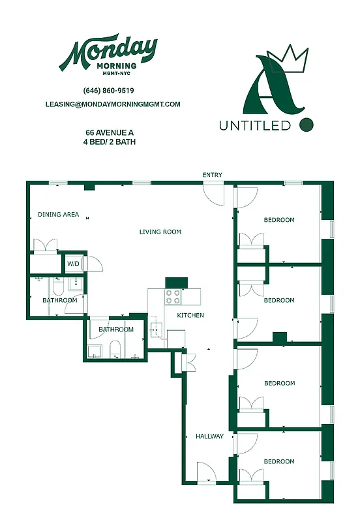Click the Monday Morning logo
pyautogui.click(x=108, y=55)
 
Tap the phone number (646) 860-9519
pyautogui.click(x=109, y=91)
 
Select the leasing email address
pyautogui.click(x=113, y=104)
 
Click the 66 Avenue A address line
pyautogui.click(x=110, y=132)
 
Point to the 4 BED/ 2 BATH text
pyautogui.click(x=110, y=142)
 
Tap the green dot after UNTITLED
pyautogui.click(x=306, y=124)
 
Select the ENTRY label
pyautogui.click(x=213, y=175)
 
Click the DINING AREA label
pyautogui.click(x=58, y=215)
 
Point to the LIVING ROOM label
pyautogui.click(x=160, y=232)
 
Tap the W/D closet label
pyautogui.click(x=73, y=264)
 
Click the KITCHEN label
pyautogui.click(x=190, y=316)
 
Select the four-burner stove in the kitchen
pyautogui.click(x=173, y=297)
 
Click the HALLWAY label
pyautogui.click(x=210, y=437)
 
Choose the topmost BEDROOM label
pyautogui.click(x=279, y=220)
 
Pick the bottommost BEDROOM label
pyautogui.click(x=279, y=461)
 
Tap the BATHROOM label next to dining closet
pyautogui.click(x=60, y=300)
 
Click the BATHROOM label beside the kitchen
pyautogui.click(x=116, y=330)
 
